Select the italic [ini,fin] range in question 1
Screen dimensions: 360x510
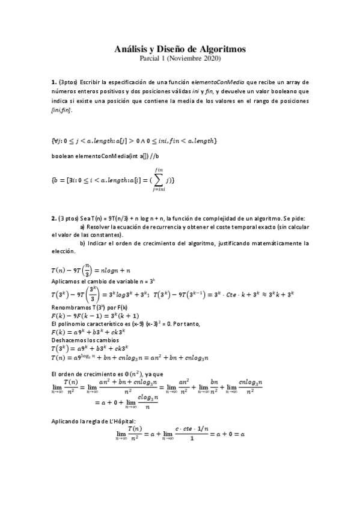tap(62, 111)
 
